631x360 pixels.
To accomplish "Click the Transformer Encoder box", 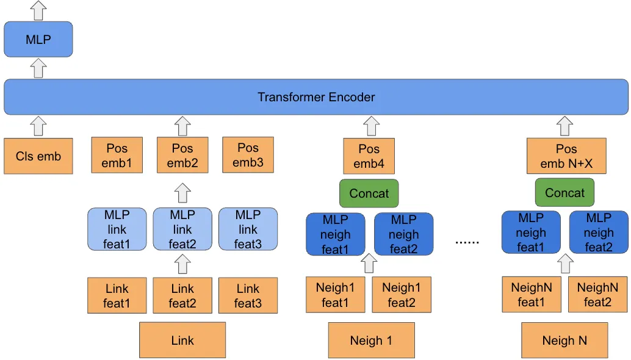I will pos(315,97).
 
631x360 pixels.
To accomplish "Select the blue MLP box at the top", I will pos(38,40).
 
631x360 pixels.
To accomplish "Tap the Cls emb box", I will pos(38,156).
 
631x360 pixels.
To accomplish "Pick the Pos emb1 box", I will pos(117,155).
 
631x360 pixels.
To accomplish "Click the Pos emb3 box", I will pos(248,155).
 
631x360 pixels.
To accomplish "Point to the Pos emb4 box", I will pos(369,156).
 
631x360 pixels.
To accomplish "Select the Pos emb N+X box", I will pos(566,156).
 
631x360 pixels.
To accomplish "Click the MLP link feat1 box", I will pos(117,229).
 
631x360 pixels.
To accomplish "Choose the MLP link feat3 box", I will pos(248,229).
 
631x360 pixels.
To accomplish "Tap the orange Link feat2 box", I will pos(182,296).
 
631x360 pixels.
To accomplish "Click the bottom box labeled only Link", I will pos(182,340).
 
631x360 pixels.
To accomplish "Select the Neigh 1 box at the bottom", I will pos(371,340).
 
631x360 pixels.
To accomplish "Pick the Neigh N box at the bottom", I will pos(564,340).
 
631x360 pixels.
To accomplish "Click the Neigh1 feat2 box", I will pos(402,295).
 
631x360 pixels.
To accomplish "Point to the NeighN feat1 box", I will pos(531,295).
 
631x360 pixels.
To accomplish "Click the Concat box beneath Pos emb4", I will pos(369,193).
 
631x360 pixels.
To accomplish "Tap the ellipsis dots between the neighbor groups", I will pos(467,242).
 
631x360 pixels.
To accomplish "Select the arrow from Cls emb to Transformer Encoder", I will pos(38,126).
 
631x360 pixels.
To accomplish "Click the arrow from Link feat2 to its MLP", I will pos(182,264).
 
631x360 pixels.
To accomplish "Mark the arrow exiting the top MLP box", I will pos(38,10).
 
